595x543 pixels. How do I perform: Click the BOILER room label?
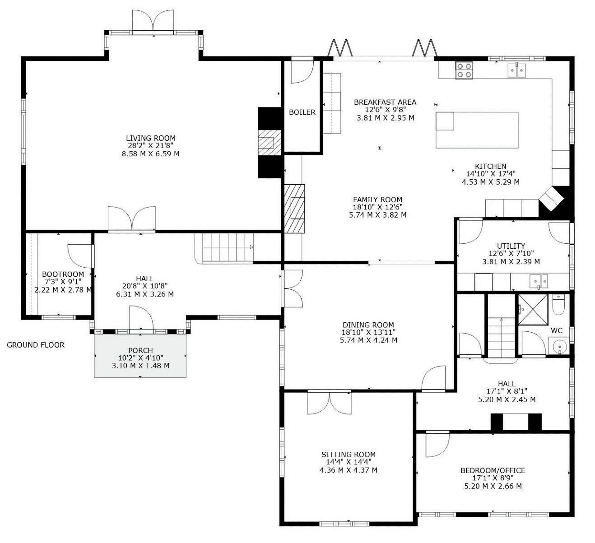pyautogui.click(x=302, y=112)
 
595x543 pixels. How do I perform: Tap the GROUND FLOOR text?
pyautogui.click(x=36, y=345)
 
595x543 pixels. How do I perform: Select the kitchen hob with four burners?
pyautogui.click(x=464, y=70)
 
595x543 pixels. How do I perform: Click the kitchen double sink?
pyautogui.click(x=517, y=70)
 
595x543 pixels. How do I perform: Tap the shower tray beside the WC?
pyautogui.click(x=533, y=310)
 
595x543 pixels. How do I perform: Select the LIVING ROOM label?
pyautogui.click(x=151, y=138)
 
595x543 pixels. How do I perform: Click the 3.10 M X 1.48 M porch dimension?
pyautogui.click(x=140, y=366)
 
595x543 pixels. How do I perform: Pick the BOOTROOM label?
pyautogui.click(x=63, y=274)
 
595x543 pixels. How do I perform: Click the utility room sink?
pyautogui.click(x=539, y=281)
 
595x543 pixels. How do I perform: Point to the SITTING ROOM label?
pyautogui.click(x=349, y=455)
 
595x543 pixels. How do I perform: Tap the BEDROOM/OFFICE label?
pyautogui.click(x=493, y=470)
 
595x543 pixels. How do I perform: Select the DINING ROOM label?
pyautogui.click(x=368, y=325)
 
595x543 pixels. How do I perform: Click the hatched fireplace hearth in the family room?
pyautogui.click(x=294, y=208)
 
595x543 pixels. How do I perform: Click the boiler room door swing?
pyautogui.click(x=302, y=72)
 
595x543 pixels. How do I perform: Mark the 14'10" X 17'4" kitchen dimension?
pyautogui.click(x=491, y=174)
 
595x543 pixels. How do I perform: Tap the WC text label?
pyautogui.click(x=557, y=330)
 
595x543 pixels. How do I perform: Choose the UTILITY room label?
pyautogui.click(x=511, y=246)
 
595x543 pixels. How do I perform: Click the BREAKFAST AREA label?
pyautogui.click(x=385, y=102)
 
